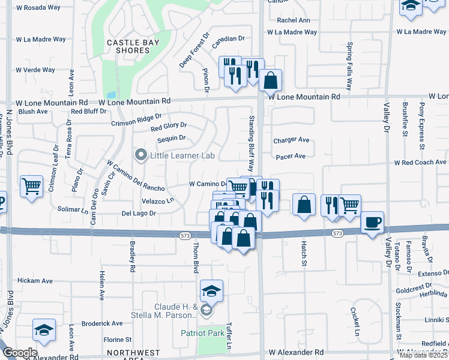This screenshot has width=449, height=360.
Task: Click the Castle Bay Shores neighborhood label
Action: pos(128,46)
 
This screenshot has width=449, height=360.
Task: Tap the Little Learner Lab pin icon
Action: pos(142,156)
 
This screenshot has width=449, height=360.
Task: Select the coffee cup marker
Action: pos(372,223)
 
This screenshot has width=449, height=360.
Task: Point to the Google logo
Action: pos(19,353)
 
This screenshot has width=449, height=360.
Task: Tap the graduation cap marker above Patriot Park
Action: pos(211,291)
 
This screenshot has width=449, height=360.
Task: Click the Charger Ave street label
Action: pos(291,140)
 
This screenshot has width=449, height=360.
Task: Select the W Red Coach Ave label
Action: pos(420,163)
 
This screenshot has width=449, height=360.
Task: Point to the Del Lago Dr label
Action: pos(139,213)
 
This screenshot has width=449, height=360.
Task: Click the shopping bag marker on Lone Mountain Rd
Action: pos(271,80)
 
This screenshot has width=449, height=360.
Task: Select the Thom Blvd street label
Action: pos(195,256)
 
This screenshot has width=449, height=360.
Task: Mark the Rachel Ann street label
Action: pos(294,20)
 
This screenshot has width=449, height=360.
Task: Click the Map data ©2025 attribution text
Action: pos(423,355)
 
